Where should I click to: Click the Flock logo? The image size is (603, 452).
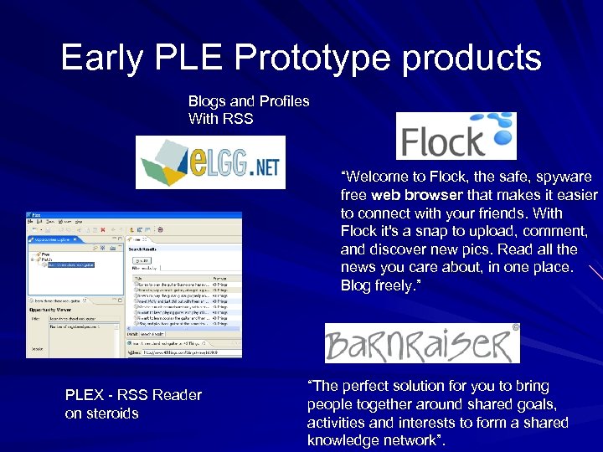coord(456,136)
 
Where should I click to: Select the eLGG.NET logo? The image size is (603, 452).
coord(210,162)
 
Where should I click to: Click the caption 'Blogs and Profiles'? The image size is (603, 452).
coord(249,101)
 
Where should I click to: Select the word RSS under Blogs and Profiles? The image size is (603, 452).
coord(237,119)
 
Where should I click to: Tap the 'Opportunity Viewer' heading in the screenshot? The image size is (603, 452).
coord(53,308)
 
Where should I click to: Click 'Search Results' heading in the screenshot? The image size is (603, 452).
coord(147,249)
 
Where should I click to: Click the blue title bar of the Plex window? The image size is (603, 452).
coord(134,216)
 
